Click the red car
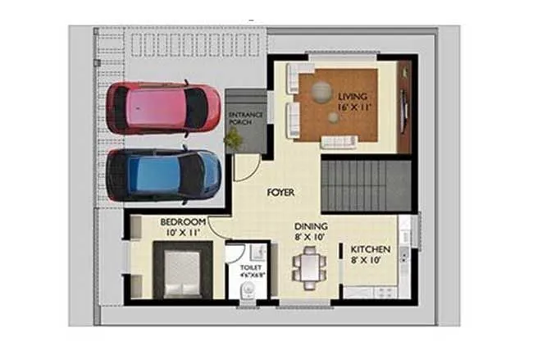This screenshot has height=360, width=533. (x=162, y=107)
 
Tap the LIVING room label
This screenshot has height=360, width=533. (x=354, y=96)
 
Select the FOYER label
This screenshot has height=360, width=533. (x=280, y=193)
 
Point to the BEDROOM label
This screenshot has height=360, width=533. (x=182, y=222)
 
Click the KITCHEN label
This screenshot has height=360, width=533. (x=371, y=249)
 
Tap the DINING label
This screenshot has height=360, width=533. (x=312, y=226)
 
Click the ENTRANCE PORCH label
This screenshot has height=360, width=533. (x=245, y=120)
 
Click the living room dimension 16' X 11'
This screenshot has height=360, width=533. (x=354, y=107)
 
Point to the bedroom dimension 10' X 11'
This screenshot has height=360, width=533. (x=182, y=234)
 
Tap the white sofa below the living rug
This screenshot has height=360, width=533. (x=338, y=142)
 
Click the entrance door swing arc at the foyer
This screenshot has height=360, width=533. (x=244, y=169)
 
